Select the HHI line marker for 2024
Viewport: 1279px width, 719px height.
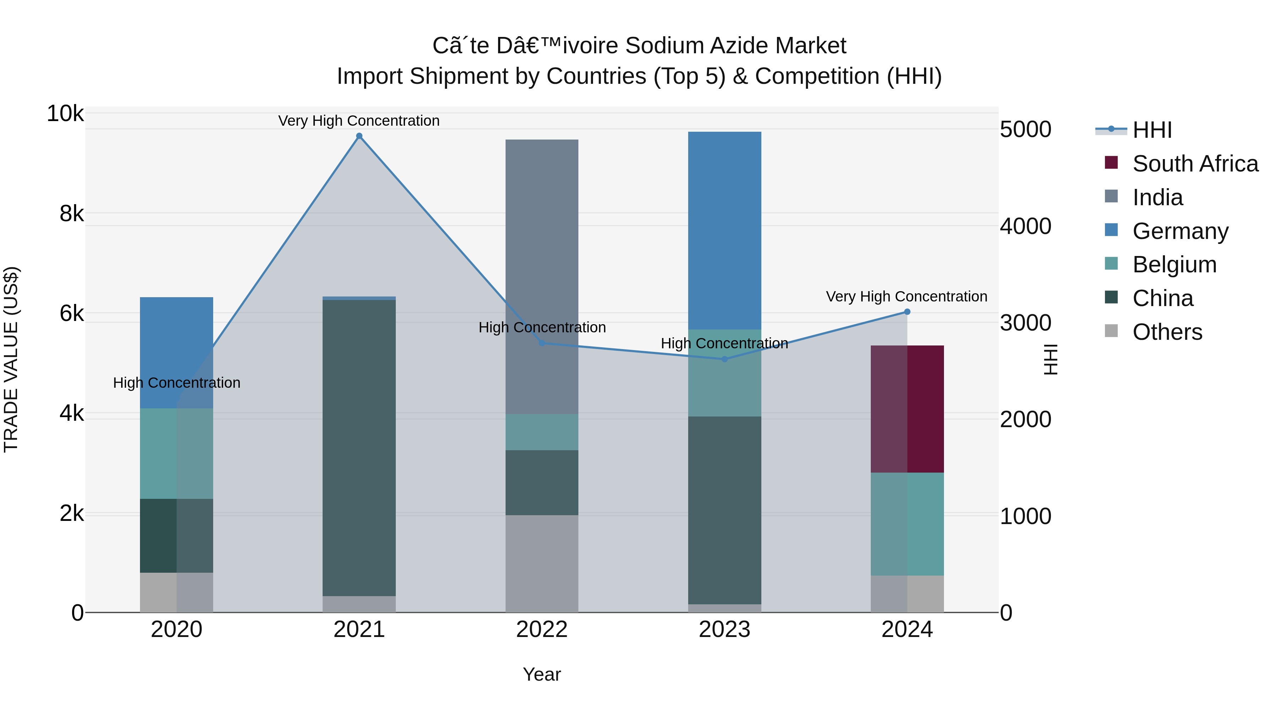(907, 312)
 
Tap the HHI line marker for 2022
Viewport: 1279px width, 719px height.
(542, 343)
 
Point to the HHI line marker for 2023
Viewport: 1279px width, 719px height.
(724, 359)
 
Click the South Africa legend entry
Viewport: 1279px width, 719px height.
(1195, 164)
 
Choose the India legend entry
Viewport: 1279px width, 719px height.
(1157, 197)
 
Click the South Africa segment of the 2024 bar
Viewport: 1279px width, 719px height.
(907, 409)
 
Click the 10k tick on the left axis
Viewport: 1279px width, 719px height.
(65, 114)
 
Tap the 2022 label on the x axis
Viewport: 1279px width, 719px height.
(542, 630)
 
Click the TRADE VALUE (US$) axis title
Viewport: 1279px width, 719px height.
(11, 359)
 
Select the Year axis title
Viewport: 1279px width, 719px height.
(542, 674)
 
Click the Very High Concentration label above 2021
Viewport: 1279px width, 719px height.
(358, 121)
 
